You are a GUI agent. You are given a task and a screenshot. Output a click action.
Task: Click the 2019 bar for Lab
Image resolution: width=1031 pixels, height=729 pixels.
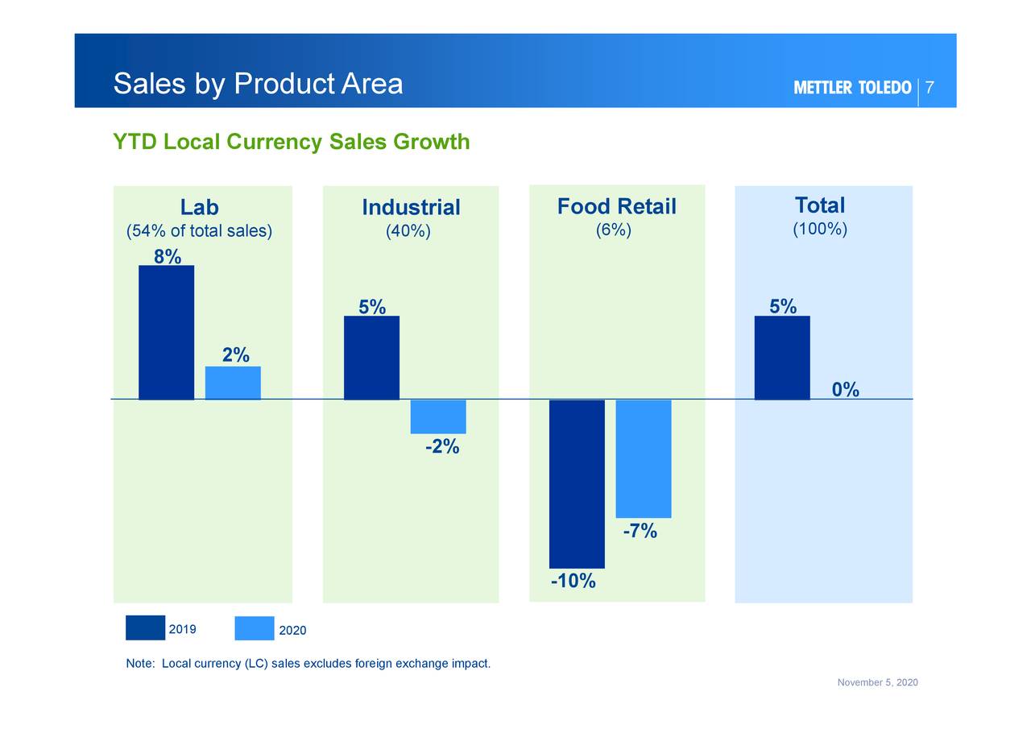(166, 332)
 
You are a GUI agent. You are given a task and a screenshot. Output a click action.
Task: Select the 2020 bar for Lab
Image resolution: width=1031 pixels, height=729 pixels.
(233, 383)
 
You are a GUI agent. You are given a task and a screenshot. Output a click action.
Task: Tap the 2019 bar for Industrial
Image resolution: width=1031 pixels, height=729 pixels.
(371, 357)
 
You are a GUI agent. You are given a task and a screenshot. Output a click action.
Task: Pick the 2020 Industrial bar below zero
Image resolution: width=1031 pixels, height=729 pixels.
(438, 416)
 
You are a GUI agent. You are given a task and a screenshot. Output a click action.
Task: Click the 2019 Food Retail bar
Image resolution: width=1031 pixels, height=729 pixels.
(577, 483)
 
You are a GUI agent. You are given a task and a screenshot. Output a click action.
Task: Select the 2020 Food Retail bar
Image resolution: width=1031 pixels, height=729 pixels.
(644, 458)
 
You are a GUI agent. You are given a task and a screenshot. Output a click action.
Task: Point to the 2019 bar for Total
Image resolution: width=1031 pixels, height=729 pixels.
(782, 357)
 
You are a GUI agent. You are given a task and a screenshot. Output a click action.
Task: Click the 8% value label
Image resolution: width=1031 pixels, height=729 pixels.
(168, 256)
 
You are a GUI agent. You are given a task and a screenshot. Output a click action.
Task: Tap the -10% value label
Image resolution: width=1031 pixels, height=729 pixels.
(573, 581)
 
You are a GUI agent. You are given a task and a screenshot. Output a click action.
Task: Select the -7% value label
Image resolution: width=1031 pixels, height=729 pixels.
(640, 531)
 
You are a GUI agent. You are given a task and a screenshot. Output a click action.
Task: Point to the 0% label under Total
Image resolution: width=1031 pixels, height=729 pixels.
(846, 390)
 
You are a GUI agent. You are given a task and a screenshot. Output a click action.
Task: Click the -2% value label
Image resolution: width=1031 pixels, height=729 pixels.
(442, 446)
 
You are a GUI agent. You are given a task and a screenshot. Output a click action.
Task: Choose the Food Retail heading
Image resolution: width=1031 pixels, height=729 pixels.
(616, 207)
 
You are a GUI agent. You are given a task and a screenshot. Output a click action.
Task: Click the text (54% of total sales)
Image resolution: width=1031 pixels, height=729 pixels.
(200, 231)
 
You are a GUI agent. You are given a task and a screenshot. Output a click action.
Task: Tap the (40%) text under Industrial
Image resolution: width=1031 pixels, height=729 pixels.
(408, 231)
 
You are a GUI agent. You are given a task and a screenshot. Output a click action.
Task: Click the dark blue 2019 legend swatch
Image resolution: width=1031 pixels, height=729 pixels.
(145, 628)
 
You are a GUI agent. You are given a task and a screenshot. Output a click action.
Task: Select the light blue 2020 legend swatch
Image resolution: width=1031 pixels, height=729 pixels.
(254, 628)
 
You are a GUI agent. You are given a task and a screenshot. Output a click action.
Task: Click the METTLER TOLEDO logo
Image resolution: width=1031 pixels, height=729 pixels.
(852, 88)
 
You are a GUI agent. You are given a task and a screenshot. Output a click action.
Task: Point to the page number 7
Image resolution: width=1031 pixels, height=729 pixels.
(930, 88)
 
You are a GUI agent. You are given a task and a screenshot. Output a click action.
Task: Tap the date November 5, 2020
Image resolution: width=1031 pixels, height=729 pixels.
(877, 683)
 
